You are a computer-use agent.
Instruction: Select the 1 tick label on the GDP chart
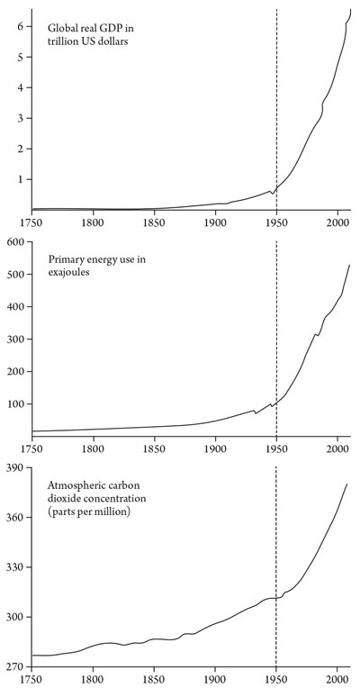[19, 179]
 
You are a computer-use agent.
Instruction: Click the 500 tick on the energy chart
[14, 274]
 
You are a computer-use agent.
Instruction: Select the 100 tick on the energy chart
[14, 403]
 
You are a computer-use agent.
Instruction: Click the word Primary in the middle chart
[67, 258]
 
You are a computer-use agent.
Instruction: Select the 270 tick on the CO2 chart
[14, 666]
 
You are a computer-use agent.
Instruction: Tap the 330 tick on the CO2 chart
[14, 568]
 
